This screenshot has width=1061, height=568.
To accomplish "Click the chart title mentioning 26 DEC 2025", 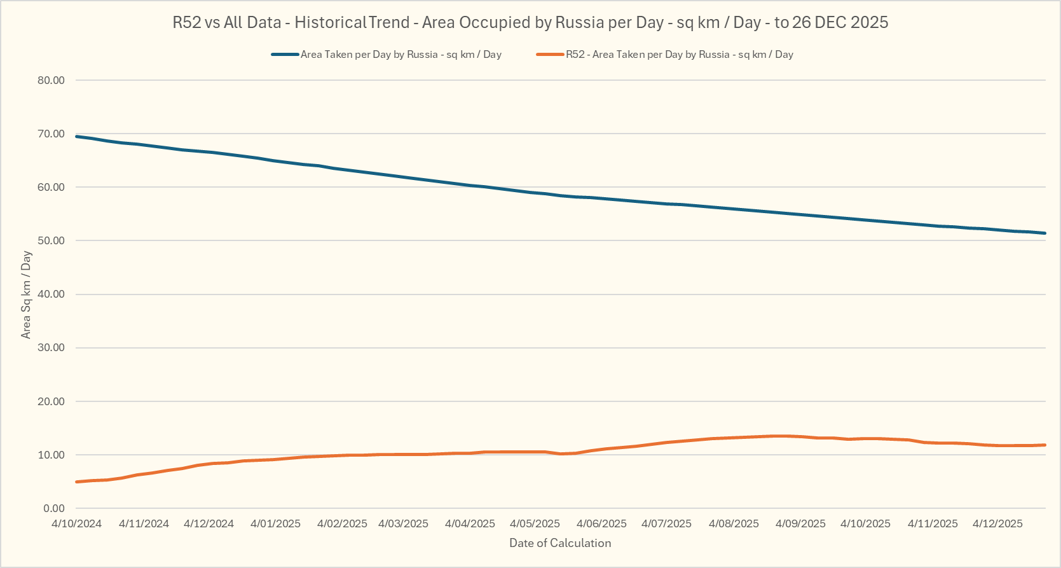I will point(530,23).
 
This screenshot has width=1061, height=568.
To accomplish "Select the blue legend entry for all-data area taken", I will point(400,55).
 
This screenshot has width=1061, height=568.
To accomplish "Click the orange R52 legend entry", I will point(679,55).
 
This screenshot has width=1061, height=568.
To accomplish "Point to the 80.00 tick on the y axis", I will point(51,80).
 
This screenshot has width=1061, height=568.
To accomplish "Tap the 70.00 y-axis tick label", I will point(51,134).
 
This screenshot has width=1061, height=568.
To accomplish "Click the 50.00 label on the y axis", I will point(51,240).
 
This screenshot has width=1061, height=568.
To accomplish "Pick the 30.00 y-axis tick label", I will point(51,347).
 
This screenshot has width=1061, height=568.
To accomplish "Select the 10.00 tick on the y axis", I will point(51,455).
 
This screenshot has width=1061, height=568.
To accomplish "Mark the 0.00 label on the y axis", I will point(54,508).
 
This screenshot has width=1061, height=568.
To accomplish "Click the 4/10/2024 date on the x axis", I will point(76,523).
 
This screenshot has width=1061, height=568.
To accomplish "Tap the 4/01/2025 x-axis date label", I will point(275,523).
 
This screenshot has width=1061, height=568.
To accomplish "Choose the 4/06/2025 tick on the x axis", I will point(601,523).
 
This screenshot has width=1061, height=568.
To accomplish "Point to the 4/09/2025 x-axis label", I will point(800,523).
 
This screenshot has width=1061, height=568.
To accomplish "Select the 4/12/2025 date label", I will point(997,523).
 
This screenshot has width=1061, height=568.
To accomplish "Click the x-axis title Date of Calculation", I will point(560,543).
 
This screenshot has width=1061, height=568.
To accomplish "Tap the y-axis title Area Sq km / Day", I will point(26,294).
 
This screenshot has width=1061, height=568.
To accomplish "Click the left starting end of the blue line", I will point(76,136).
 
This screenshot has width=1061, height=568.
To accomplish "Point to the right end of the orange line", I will point(1045,445).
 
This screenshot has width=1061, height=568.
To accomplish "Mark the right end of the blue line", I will point(1045,233).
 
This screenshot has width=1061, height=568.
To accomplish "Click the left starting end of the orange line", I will point(76,481).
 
